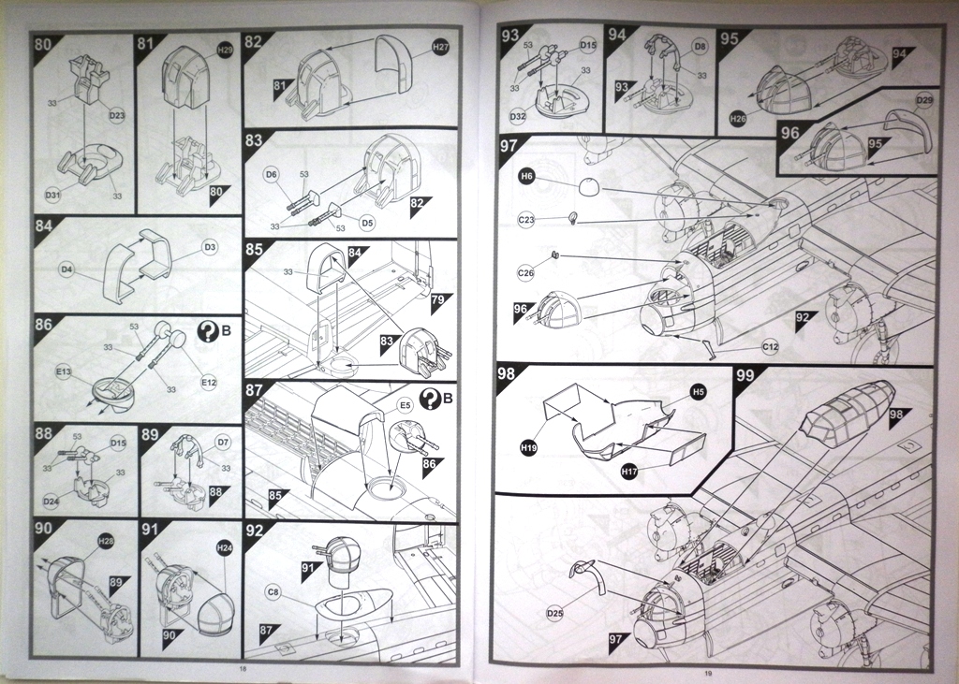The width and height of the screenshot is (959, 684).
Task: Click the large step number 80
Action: [x=43, y=43]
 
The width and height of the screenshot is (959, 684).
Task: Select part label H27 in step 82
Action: [x=441, y=47]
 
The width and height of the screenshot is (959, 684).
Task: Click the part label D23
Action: [x=117, y=115]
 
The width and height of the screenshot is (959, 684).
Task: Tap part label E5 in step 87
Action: [x=405, y=405]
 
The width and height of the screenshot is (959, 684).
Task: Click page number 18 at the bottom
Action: [x=242, y=670]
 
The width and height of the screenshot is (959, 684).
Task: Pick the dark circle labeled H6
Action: [x=527, y=175]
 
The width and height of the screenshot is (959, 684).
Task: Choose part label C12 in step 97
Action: [x=770, y=347]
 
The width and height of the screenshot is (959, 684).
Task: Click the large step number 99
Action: [x=745, y=376]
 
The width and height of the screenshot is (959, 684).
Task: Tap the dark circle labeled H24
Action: [x=224, y=547]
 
